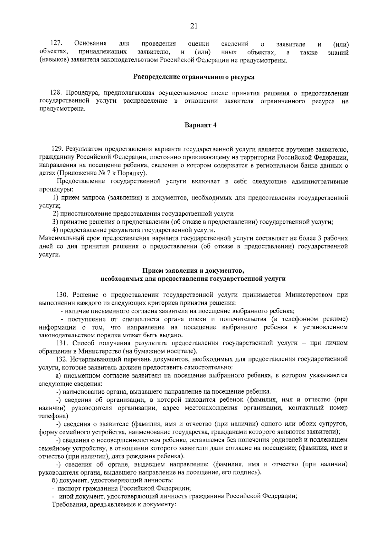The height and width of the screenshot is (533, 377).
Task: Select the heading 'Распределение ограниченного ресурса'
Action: point(194,77)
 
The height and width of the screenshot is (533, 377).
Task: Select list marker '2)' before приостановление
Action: point(56,214)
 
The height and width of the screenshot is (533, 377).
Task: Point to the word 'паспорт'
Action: point(68,488)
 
